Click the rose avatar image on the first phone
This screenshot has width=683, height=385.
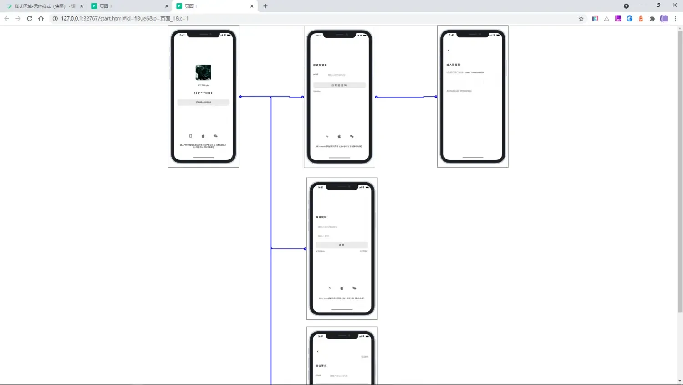(x=203, y=72)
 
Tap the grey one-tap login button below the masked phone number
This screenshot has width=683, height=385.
(x=203, y=103)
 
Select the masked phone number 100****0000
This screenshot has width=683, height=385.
(x=203, y=93)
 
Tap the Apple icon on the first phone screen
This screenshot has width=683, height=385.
(x=203, y=136)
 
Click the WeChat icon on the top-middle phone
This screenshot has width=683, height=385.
(x=352, y=136)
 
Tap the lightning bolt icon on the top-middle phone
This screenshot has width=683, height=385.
(x=327, y=136)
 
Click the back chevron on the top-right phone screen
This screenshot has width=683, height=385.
(x=449, y=51)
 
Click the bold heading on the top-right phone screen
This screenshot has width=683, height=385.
(x=453, y=65)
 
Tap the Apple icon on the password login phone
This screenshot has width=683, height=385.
(x=341, y=288)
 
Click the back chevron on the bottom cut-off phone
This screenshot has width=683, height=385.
(x=317, y=352)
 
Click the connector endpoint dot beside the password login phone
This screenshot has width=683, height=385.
(x=305, y=249)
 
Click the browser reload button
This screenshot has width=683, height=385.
(x=30, y=19)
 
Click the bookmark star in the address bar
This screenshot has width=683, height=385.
(x=581, y=19)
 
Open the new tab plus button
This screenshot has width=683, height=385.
(x=265, y=6)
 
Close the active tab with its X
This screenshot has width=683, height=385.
(x=252, y=6)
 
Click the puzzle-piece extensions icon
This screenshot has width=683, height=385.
(x=652, y=19)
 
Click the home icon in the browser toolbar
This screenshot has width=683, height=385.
(x=41, y=19)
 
